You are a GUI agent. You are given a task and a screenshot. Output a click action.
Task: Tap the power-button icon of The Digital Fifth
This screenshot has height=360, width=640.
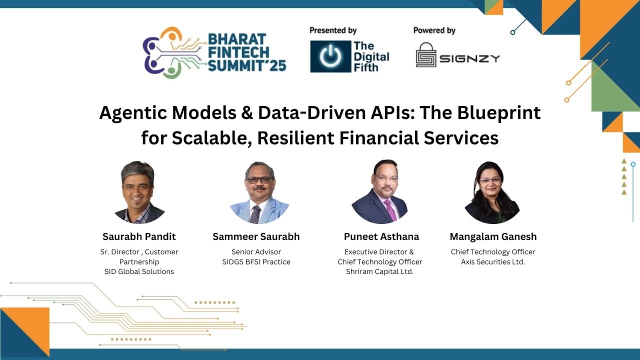330,56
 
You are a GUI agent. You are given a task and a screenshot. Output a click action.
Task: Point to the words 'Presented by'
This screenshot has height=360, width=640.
333,30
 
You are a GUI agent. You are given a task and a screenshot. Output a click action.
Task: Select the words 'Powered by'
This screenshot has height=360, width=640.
434,30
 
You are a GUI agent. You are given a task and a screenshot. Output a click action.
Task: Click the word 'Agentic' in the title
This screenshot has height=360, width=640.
132,113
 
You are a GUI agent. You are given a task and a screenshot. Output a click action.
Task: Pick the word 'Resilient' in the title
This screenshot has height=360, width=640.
301,137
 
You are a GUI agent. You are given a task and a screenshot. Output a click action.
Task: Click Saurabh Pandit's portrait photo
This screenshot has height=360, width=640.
139,192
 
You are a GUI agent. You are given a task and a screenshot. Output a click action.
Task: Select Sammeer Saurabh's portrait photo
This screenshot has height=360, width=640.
259,192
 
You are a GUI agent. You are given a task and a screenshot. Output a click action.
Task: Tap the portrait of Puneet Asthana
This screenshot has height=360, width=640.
379,192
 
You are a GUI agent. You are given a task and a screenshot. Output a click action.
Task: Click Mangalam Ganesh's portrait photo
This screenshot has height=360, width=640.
492,192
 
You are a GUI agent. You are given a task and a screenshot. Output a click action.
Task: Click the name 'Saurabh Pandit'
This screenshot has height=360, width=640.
139,236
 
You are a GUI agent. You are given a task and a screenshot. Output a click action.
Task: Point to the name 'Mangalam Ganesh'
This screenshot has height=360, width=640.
493,236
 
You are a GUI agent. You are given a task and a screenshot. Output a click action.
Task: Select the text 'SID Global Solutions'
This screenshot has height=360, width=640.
139,271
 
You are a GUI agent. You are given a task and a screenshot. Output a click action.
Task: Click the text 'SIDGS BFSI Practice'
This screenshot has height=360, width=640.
256,261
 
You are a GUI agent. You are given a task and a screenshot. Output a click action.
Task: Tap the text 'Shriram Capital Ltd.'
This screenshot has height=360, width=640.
379,271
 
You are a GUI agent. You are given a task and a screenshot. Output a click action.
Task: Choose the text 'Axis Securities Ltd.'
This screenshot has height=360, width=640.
493,261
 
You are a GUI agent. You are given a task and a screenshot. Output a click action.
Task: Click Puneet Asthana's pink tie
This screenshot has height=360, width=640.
390,210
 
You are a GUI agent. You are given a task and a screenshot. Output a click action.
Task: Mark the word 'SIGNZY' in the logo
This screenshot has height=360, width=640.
469,58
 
